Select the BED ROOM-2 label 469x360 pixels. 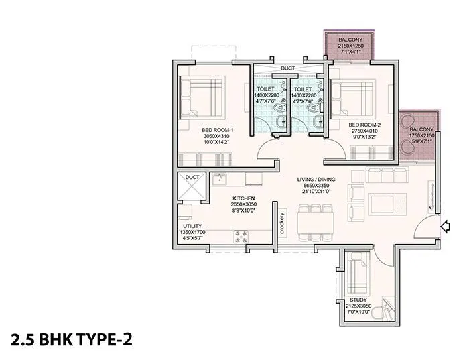click(x=364, y=125)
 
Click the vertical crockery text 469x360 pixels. click(x=284, y=222)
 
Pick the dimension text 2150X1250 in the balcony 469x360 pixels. click(x=349, y=46)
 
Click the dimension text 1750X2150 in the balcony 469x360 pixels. click(x=421, y=135)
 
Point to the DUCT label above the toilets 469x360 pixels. click(x=288, y=68)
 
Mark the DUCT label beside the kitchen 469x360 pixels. click(x=192, y=178)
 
